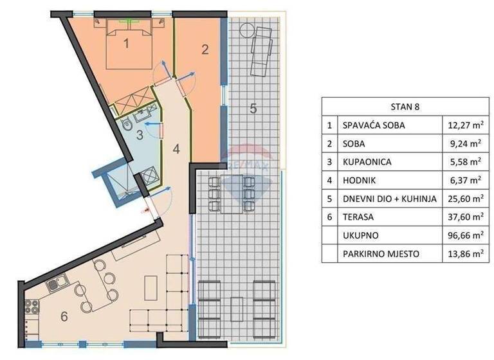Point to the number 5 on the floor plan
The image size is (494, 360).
point(253,109)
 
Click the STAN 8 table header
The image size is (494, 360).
point(405,107)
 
